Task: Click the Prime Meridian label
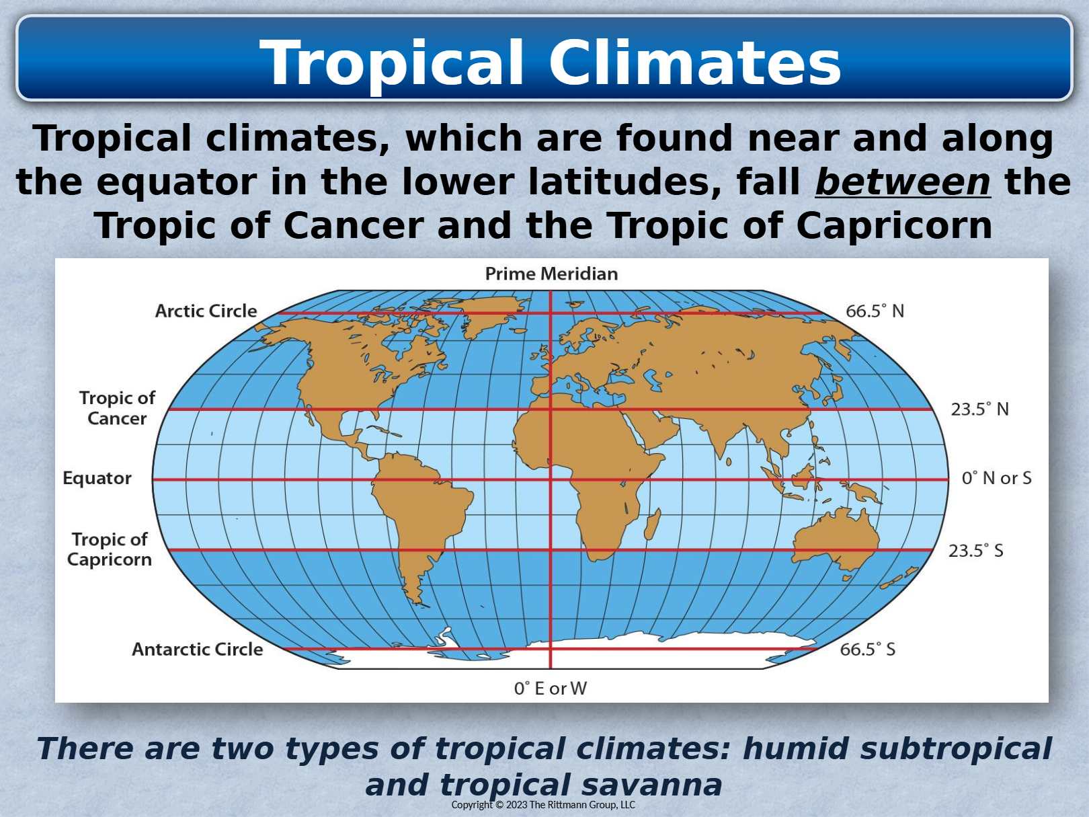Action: tap(551, 274)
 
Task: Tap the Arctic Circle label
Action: tap(206, 311)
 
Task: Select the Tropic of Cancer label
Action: tap(117, 408)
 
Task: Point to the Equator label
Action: tap(97, 478)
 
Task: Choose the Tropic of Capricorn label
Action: tap(109, 549)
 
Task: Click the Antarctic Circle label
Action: tap(197, 650)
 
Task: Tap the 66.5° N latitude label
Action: tap(875, 311)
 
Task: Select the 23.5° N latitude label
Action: tap(979, 410)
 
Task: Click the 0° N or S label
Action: tap(996, 478)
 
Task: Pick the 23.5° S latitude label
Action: tap(975, 551)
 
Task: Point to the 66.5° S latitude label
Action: tap(867, 650)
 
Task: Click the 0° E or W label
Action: tap(550, 689)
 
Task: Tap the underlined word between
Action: tap(903, 182)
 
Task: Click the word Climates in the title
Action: tap(694, 63)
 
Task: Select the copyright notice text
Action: tap(542, 805)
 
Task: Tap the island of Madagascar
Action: tap(652, 524)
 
